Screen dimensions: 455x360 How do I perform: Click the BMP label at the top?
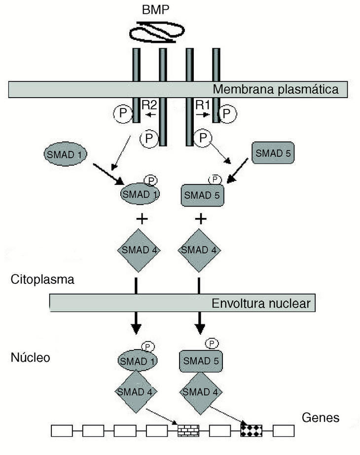click(x=156, y=10)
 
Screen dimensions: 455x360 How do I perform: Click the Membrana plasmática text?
click(x=275, y=89)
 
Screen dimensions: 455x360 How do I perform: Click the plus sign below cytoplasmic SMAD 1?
click(x=140, y=219)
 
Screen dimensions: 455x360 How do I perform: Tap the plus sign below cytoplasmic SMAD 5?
click(x=199, y=219)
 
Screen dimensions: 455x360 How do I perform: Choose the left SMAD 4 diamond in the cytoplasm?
click(x=140, y=250)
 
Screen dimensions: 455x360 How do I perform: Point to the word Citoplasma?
click(x=42, y=280)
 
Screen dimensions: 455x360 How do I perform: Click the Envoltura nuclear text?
click(x=261, y=303)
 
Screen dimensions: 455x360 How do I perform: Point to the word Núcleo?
click(x=31, y=357)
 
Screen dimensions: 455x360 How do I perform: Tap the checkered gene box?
click(x=252, y=430)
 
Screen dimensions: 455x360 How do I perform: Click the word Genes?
click(x=321, y=418)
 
